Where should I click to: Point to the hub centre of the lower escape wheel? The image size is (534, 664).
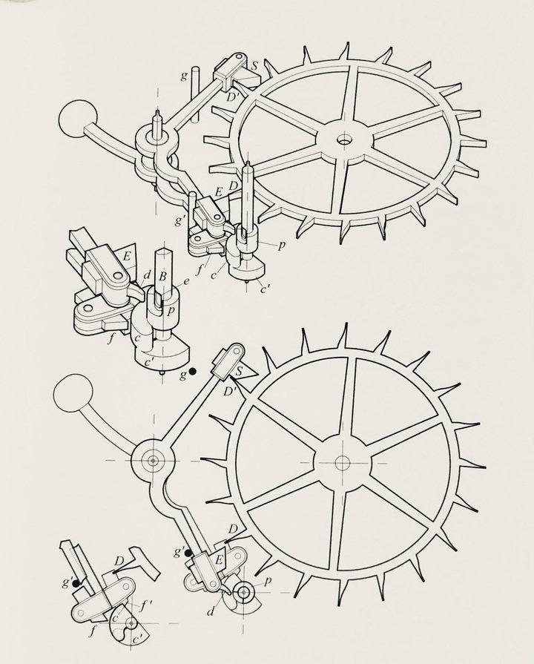pos(342,463)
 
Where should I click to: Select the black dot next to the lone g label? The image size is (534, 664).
pos(193,372)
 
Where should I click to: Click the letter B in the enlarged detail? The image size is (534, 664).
pos(162,277)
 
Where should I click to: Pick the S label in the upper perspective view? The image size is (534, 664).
pos(254,66)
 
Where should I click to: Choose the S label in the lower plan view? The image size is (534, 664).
pos(239,372)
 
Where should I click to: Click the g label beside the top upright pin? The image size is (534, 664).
pos(184,76)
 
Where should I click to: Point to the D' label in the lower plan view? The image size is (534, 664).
pos(230,390)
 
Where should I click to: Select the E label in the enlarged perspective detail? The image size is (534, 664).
pos(126,256)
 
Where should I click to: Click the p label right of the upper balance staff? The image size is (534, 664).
pos(282,245)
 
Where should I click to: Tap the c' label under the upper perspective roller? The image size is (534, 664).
pos(265,289)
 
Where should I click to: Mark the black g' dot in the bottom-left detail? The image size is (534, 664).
pos(76,583)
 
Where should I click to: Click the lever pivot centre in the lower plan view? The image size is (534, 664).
pos(153,460)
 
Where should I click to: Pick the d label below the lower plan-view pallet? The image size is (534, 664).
pos(211,611)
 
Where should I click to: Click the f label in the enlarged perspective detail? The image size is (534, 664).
pos(111,338)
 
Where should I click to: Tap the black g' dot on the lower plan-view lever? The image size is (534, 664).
pos(187,552)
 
